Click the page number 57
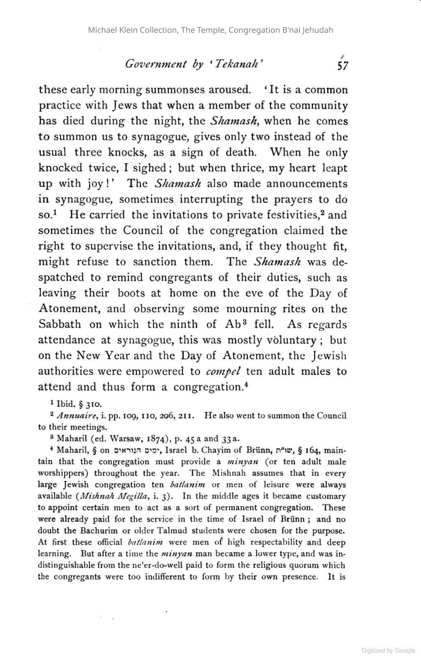coord(343,65)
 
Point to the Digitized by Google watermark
coord(388,650)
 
